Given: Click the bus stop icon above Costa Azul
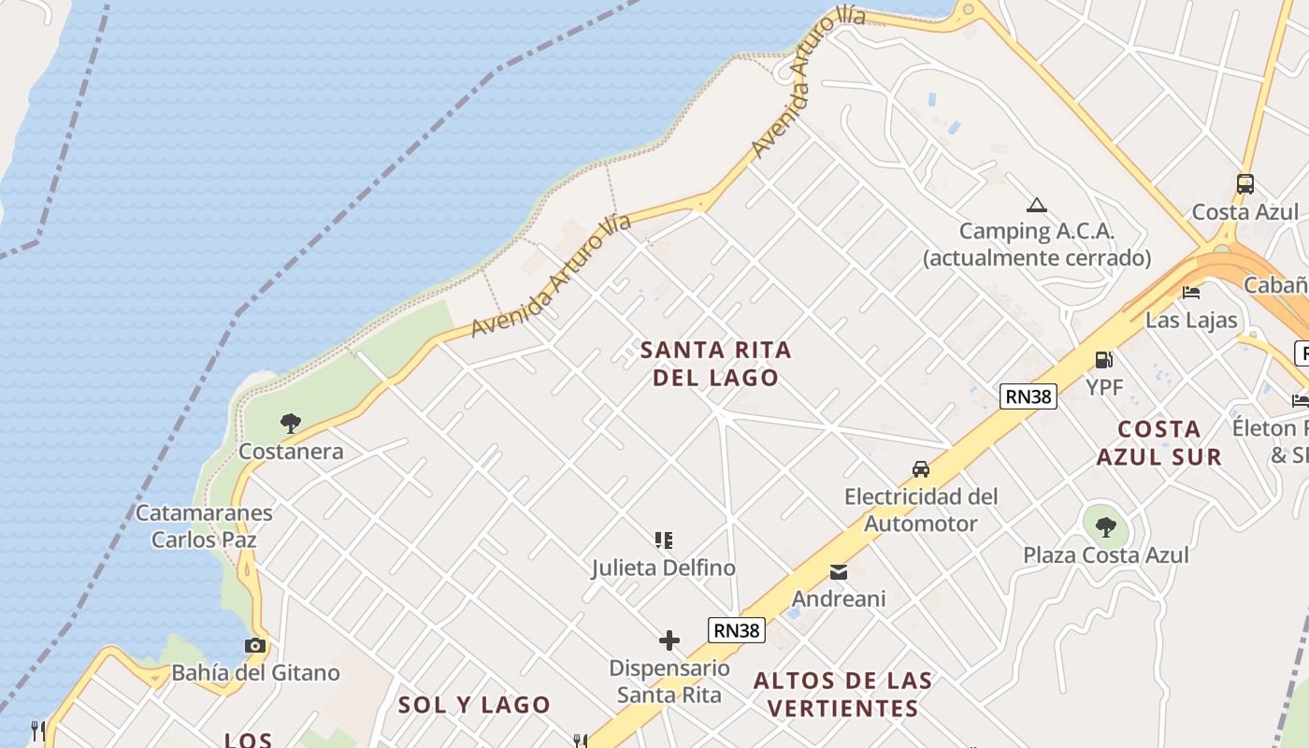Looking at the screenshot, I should click(1244, 184).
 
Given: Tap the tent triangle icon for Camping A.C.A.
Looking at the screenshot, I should click(1035, 205).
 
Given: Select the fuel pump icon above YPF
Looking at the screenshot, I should click(1103, 359).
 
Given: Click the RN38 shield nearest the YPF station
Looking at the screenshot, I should click(1028, 396).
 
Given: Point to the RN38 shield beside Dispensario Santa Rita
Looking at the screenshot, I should click(737, 630).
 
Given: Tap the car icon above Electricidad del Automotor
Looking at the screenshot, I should click(921, 468).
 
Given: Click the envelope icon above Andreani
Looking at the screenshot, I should click(839, 571).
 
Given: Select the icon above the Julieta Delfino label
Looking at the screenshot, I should click(664, 539).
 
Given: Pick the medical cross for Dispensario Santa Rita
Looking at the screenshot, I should click(669, 640).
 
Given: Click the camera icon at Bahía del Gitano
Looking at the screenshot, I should click(254, 645).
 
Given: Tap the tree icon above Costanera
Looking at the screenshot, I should click(291, 424).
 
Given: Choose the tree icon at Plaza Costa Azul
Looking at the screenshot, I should click(1105, 527).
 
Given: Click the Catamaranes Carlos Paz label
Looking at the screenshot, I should click(204, 525).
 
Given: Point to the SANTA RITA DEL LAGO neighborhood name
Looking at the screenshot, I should click(716, 364).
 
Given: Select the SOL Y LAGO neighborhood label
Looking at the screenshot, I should click(474, 705).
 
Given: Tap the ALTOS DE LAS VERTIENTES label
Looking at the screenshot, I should click(843, 694).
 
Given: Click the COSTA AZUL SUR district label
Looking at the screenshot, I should click(1159, 443).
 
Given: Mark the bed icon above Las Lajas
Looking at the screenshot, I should click(1191, 293).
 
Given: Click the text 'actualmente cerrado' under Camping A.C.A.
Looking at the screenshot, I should click(1037, 258).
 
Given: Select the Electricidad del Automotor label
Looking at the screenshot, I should click(921, 510).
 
